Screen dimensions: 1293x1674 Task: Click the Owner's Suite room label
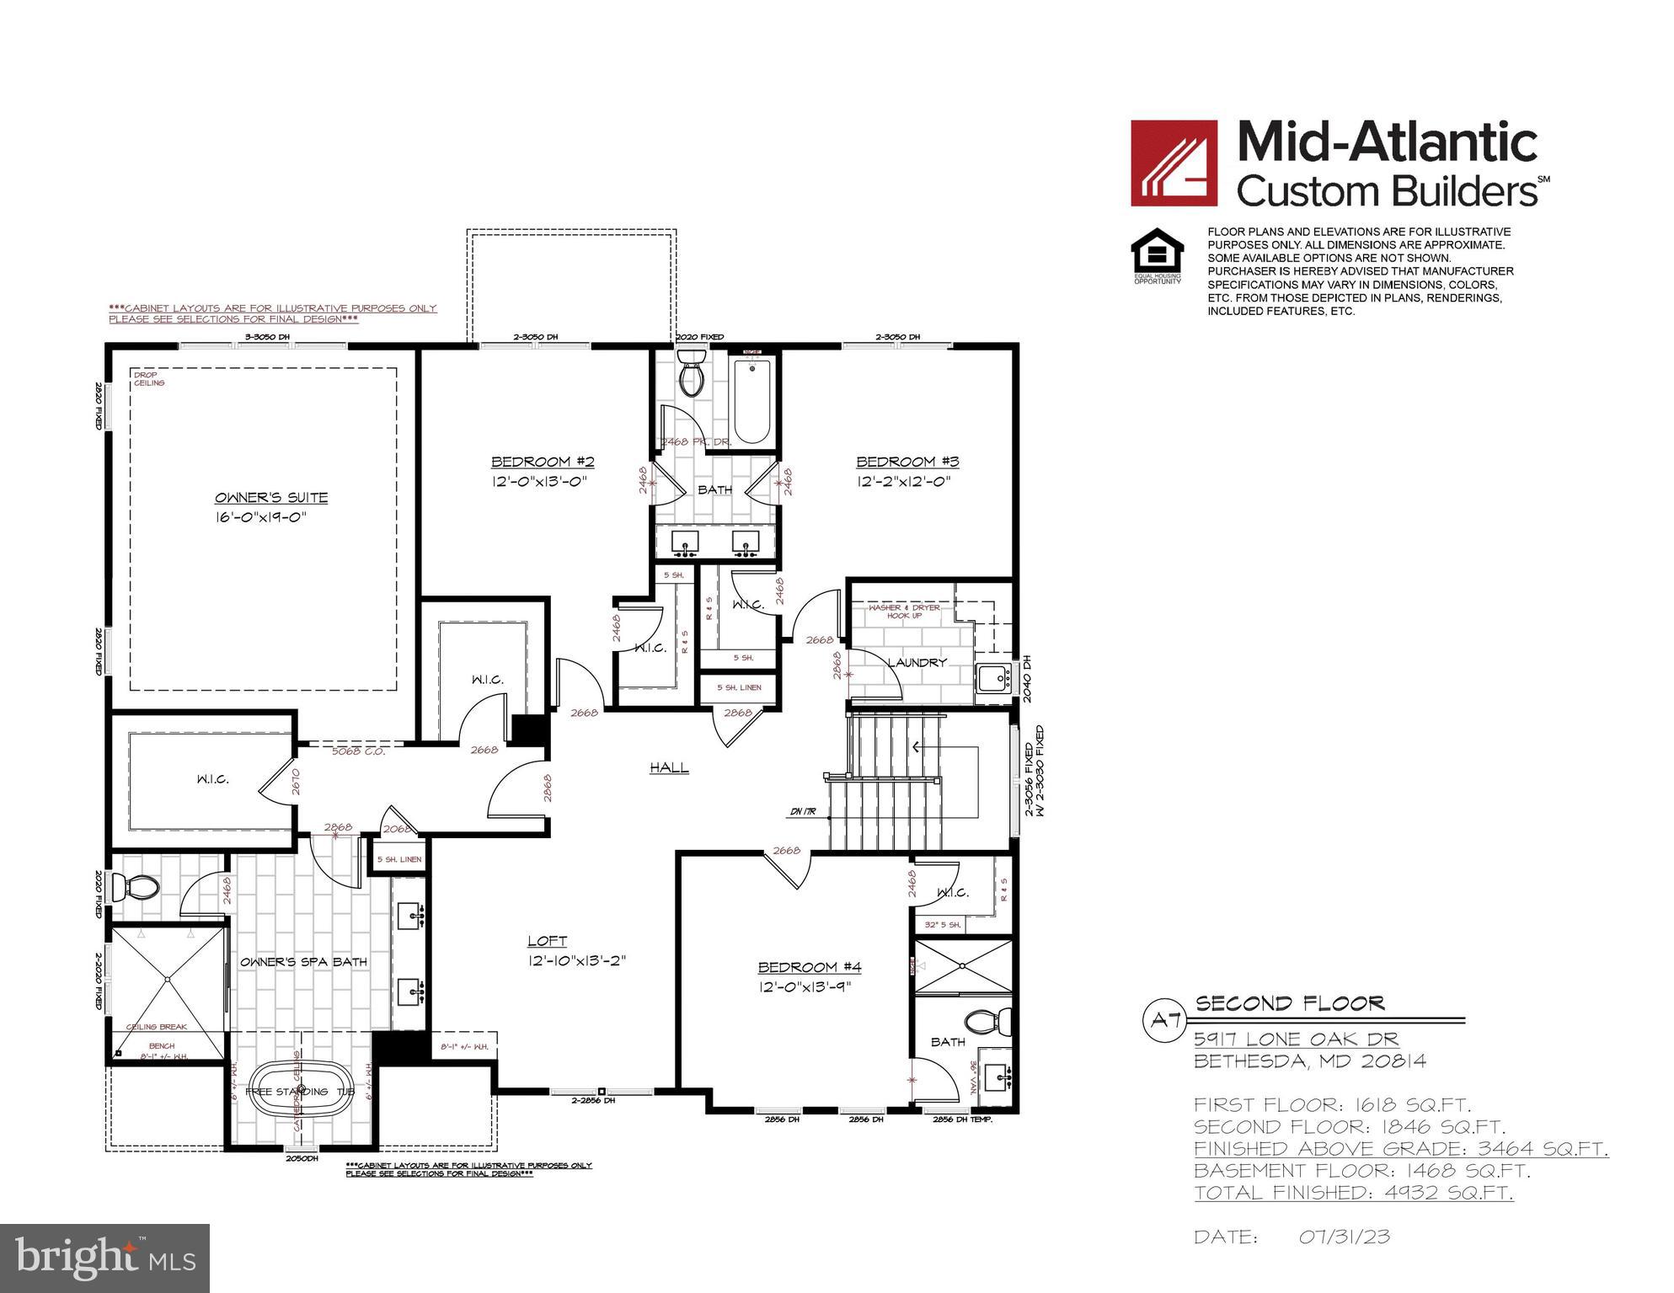(x=270, y=498)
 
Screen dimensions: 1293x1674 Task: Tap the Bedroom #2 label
(x=543, y=462)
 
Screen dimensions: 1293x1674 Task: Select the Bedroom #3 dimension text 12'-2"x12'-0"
(x=903, y=482)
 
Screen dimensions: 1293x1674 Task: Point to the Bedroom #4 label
(x=809, y=967)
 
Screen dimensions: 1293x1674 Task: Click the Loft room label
(x=547, y=941)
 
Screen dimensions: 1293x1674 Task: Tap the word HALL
(x=669, y=767)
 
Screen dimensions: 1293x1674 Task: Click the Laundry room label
(x=917, y=663)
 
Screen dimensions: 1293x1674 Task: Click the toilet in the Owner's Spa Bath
(x=139, y=886)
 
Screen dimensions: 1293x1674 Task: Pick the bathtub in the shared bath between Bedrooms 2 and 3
(x=751, y=403)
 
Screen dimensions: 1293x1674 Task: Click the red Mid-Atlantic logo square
(x=1174, y=163)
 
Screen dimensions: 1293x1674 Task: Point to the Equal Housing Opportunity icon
(x=1157, y=255)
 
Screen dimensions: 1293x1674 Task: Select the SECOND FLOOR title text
(x=1290, y=1003)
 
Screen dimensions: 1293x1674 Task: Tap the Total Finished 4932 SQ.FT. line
(x=1353, y=1193)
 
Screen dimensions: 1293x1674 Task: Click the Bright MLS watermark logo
(x=104, y=1258)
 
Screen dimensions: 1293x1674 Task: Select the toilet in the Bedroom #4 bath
(x=983, y=1021)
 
